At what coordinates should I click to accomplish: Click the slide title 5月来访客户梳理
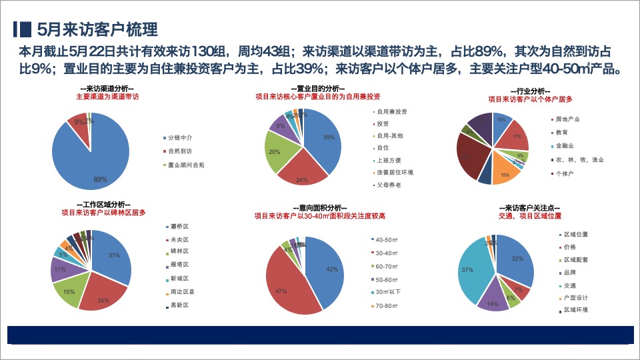[x=97, y=29]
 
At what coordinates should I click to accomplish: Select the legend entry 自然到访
[x=179, y=151]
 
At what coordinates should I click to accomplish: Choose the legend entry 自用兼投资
[x=392, y=111]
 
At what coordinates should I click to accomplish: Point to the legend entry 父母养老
[x=389, y=185]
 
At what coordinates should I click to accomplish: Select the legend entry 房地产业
[x=567, y=119]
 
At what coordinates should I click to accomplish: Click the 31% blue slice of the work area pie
[x=113, y=257]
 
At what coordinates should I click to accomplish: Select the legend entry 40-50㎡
[x=387, y=239]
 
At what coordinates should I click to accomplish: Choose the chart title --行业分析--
[x=529, y=91]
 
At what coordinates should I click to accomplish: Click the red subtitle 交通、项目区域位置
[x=529, y=216]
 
